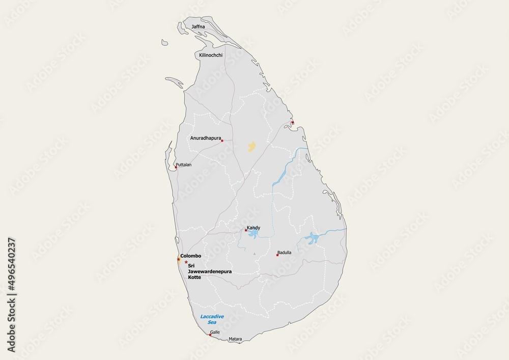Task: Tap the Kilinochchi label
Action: click(x=211, y=55)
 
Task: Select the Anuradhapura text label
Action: click(x=205, y=138)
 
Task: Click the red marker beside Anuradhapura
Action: click(x=222, y=141)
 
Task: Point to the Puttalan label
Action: click(x=183, y=165)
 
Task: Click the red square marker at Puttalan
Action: click(x=176, y=167)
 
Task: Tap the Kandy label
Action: click(x=253, y=228)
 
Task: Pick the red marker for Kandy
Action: click(x=246, y=230)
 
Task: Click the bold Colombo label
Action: click(x=191, y=256)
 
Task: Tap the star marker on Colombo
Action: click(x=178, y=260)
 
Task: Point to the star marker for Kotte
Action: click(x=186, y=262)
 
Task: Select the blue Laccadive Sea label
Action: click(x=212, y=319)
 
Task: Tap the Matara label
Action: click(x=235, y=339)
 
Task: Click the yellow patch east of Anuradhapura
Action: click(x=251, y=147)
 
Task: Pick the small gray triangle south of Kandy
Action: click(x=253, y=253)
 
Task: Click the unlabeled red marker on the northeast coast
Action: click(x=292, y=122)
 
